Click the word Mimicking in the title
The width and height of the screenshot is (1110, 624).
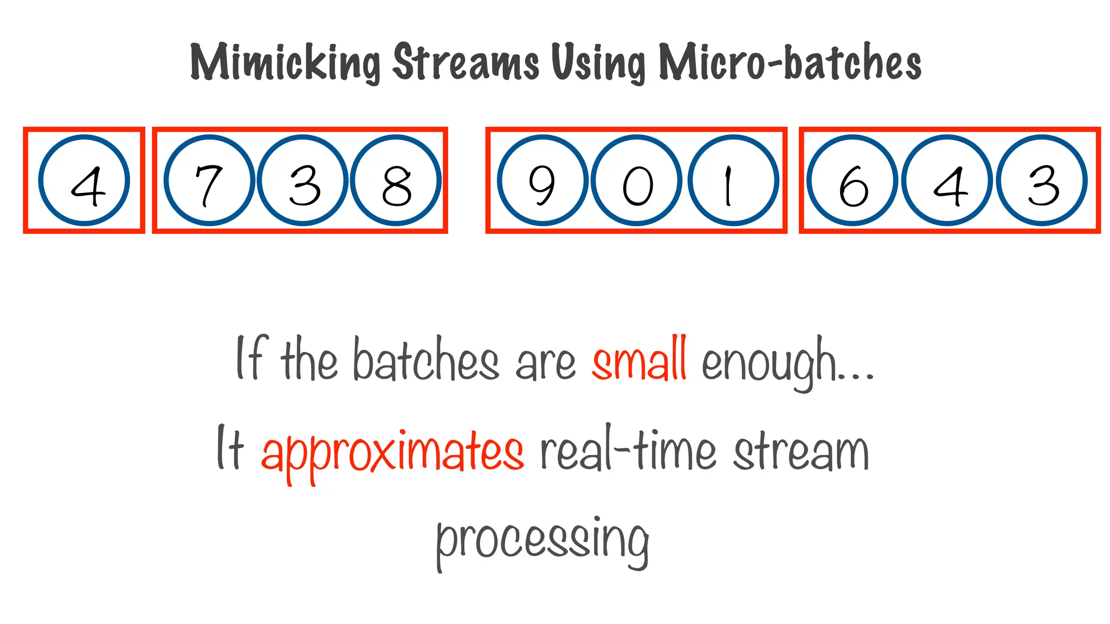(285, 63)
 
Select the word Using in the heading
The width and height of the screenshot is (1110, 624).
(598, 63)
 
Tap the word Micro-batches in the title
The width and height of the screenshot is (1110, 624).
(790, 62)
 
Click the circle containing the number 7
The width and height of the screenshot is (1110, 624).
(209, 180)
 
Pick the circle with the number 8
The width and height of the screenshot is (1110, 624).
(396, 180)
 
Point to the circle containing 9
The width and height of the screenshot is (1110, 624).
(543, 180)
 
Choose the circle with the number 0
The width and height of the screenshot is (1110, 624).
(637, 180)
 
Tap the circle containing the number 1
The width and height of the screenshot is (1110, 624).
(733, 180)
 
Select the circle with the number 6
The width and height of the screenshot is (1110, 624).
(853, 180)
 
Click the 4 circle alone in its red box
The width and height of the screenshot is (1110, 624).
(84, 180)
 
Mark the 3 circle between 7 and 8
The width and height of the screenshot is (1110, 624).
(302, 180)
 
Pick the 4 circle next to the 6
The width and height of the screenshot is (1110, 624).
(947, 180)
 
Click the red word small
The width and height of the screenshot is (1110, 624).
(640, 360)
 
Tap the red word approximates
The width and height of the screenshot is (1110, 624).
(392, 452)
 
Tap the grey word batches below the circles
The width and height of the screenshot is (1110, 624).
(425, 360)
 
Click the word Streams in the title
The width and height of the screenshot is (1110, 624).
(466, 62)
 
